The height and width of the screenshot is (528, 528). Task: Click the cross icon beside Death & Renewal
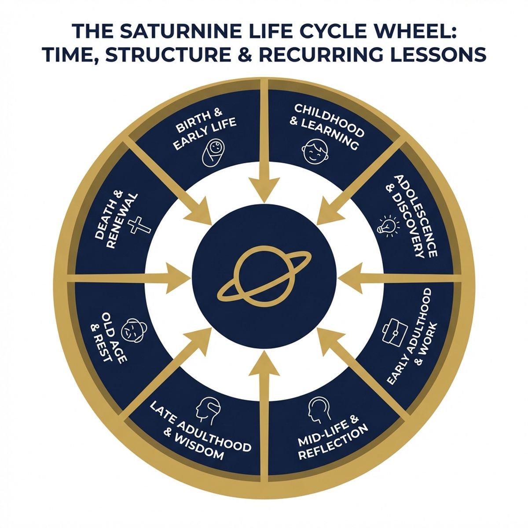coord(139,226)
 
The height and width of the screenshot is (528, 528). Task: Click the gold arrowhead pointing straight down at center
coord(263,188)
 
